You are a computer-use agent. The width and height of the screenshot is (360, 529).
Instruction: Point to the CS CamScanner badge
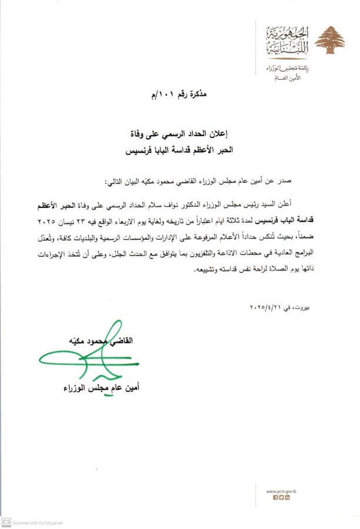coord(6,522)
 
